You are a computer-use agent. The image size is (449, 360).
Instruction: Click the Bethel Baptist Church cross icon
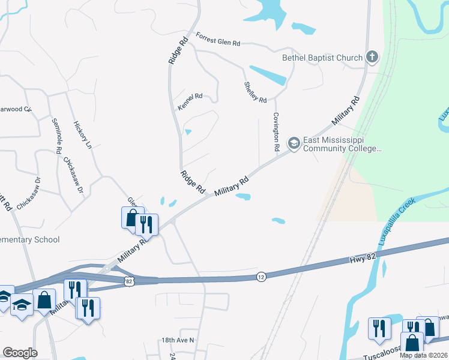372,58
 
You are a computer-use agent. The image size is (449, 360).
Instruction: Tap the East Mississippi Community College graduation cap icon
294,143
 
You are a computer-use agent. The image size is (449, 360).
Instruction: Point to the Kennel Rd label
191,101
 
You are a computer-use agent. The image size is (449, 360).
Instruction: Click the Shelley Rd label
255,92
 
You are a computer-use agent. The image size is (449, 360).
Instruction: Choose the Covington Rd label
277,131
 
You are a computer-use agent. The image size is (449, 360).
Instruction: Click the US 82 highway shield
129,280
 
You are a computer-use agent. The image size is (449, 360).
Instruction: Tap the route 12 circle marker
261,277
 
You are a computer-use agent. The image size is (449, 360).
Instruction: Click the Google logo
20,353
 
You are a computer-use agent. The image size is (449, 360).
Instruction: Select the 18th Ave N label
178,340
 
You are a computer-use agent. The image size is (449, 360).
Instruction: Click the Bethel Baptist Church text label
322,58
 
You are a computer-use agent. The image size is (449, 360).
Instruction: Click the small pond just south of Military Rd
243,196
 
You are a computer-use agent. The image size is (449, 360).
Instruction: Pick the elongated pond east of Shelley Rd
267,75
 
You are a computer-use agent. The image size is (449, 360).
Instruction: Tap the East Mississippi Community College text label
342,145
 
